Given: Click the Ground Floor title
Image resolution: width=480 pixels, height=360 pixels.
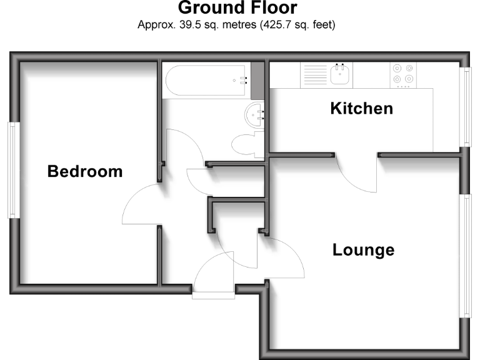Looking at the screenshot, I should click(x=237, y=8).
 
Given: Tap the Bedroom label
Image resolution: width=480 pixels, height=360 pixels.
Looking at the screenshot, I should click(x=85, y=171).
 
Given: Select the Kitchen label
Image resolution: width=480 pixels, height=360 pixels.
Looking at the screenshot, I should click(x=361, y=108).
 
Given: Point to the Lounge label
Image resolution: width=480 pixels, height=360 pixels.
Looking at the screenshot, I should click(x=363, y=250).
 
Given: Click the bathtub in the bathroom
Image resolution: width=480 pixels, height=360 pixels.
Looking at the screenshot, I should click(x=207, y=80).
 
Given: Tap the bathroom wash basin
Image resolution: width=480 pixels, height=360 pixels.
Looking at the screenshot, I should click(x=256, y=115).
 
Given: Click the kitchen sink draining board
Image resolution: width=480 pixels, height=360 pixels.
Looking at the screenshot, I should click(x=312, y=76).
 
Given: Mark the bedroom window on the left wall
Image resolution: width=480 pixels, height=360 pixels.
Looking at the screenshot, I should click(x=11, y=169).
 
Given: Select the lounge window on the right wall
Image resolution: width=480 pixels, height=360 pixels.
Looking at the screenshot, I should click(x=466, y=255).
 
